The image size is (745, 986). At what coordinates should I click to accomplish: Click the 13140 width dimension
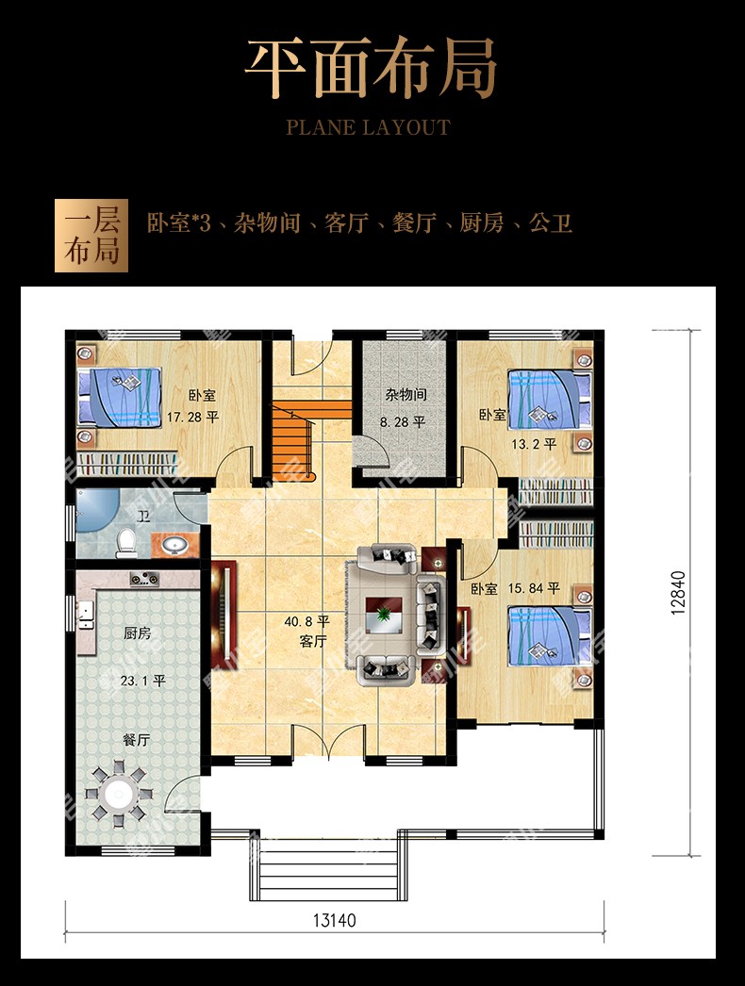pyautogui.click(x=334, y=921)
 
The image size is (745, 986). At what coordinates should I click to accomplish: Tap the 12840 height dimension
pyautogui.click(x=678, y=592)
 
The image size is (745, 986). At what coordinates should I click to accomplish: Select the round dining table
pyautogui.click(x=119, y=795)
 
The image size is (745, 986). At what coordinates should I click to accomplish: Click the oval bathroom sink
pyautogui.click(x=174, y=545)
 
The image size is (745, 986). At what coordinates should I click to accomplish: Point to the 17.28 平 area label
pyautogui.click(x=192, y=417)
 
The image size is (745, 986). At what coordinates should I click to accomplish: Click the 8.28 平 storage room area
pyautogui.click(x=403, y=422)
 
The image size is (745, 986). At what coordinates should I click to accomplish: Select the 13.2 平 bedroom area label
pyautogui.click(x=534, y=445)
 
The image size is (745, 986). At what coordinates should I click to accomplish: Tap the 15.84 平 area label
pyautogui.click(x=534, y=588)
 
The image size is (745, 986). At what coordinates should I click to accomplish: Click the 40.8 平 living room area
pyautogui.click(x=306, y=622)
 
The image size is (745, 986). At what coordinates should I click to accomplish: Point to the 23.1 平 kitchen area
pyautogui.click(x=142, y=681)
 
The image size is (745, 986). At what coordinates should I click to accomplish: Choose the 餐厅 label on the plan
pyautogui.click(x=136, y=740)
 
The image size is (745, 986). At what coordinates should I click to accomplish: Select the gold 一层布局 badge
pyautogui.click(x=91, y=236)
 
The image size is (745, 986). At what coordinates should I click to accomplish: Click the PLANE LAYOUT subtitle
pyautogui.click(x=368, y=127)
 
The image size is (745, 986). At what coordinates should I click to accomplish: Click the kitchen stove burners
pyautogui.click(x=144, y=578)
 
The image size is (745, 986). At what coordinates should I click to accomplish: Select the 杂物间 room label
pyautogui.click(x=406, y=395)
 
